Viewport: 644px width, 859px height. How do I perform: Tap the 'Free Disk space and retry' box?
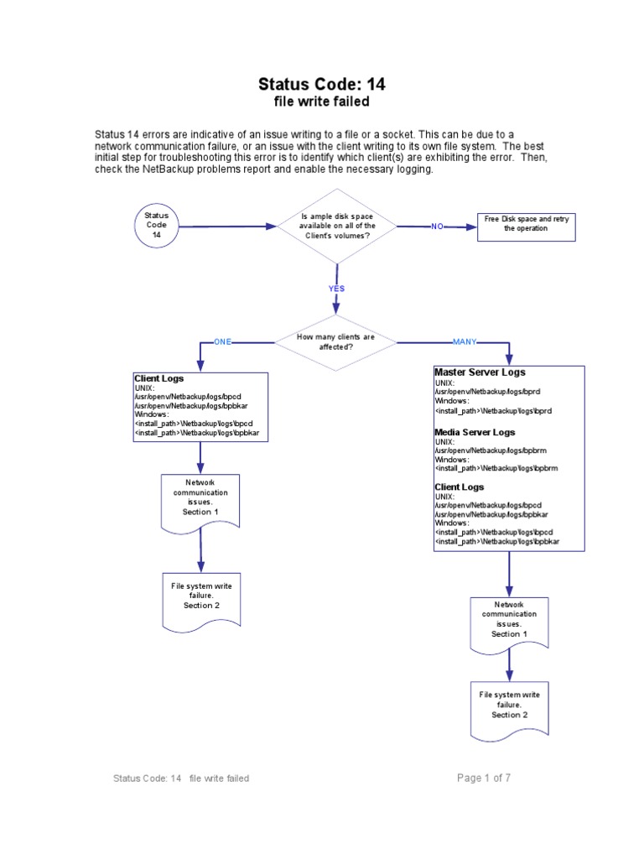coord(527,226)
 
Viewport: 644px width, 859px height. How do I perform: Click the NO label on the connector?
coord(437,226)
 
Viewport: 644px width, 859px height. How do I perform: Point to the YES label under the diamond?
coord(336,289)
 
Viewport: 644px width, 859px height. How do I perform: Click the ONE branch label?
coord(222,342)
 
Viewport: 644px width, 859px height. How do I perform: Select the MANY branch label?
coord(465,342)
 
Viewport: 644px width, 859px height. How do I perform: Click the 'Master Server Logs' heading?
coord(480,372)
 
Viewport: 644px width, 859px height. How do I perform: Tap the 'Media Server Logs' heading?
coord(475,432)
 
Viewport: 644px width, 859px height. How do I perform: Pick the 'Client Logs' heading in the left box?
coord(158,378)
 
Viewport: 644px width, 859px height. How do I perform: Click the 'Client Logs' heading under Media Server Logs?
coord(460,487)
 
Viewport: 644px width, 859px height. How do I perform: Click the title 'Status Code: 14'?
coord(322,84)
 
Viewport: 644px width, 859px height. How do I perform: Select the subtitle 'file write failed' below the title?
coord(322,102)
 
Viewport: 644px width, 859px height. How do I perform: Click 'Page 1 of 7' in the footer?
coord(484,778)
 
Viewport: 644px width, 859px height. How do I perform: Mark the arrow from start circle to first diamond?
coord(228,226)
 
